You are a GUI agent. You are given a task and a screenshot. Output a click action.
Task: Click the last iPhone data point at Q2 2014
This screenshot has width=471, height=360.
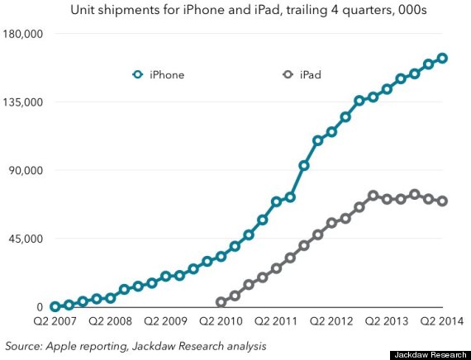[442, 58]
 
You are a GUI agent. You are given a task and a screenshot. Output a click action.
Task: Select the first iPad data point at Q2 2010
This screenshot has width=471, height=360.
[221, 303]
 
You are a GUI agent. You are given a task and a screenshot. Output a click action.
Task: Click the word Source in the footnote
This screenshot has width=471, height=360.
[24, 345]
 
